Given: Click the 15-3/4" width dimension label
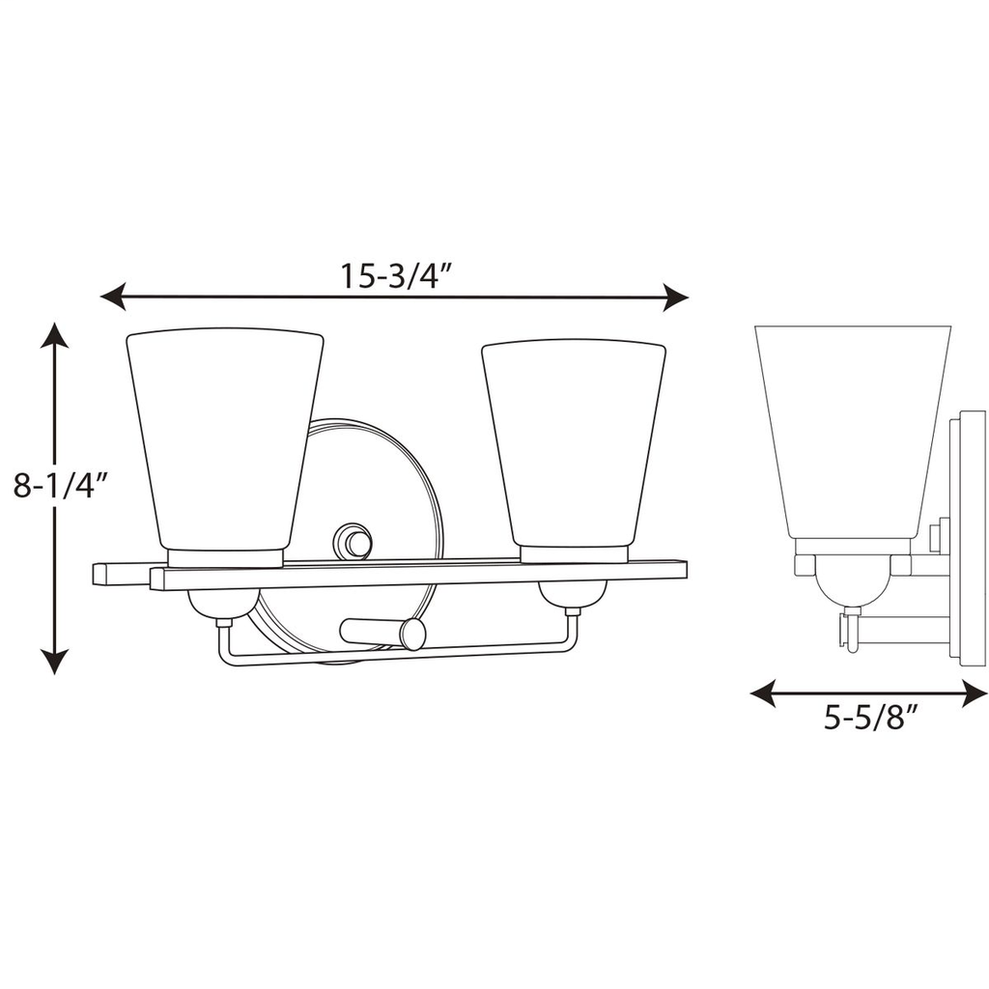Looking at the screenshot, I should coord(396,277).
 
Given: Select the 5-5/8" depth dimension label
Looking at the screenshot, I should coord(869,721).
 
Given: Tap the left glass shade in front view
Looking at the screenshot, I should coord(226,439).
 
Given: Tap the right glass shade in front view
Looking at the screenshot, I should coord(574,440).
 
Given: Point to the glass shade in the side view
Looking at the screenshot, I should coord(852,430).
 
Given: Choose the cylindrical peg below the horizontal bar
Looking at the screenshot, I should coord(383,632).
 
